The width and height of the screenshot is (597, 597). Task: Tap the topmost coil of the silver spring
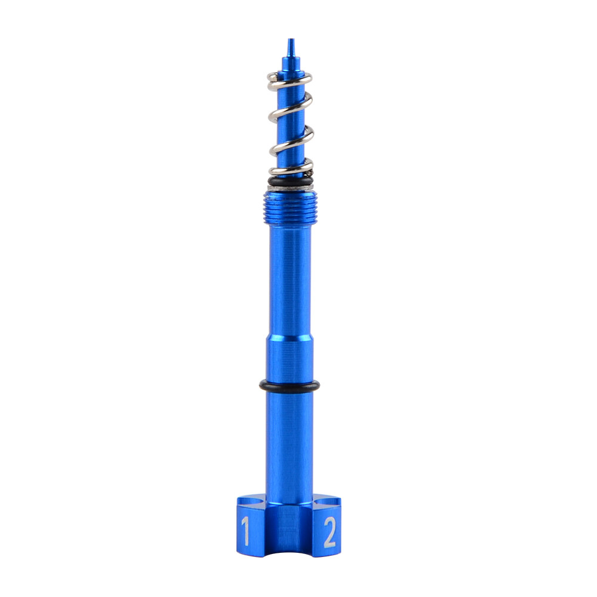[x=290, y=78]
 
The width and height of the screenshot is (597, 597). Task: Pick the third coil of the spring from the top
[x=291, y=140]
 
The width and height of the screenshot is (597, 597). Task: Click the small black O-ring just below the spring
[x=290, y=181]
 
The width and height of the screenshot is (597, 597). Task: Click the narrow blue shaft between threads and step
[x=290, y=281]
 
